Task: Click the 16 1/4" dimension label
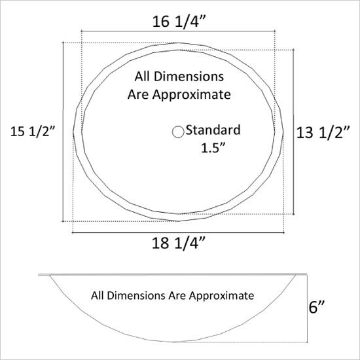[x=179, y=22]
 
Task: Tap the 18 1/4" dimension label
[x=179, y=243]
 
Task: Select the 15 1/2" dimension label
[x=33, y=132]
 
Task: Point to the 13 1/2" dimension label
[x=323, y=132]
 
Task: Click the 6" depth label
[x=317, y=307]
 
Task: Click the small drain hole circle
[x=178, y=132]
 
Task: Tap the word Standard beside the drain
[x=213, y=130]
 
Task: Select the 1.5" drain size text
[x=213, y=148]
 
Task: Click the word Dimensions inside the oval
[x=189, y=77]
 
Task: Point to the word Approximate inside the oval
[x=192, y=95]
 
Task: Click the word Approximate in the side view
[x=221, y=296]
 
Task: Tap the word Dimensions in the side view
[x=136, y=295]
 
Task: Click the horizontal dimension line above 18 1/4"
[x=178, y=233]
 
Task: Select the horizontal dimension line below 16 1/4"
[x=179, y=31]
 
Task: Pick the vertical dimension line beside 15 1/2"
[x=63, y=132]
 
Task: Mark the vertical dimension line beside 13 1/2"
[x=294, y=132]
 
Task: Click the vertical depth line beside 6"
[x=307, y=308]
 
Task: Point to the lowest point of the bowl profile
[x=175, y=342]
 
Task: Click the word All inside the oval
[x=142, y=77]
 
